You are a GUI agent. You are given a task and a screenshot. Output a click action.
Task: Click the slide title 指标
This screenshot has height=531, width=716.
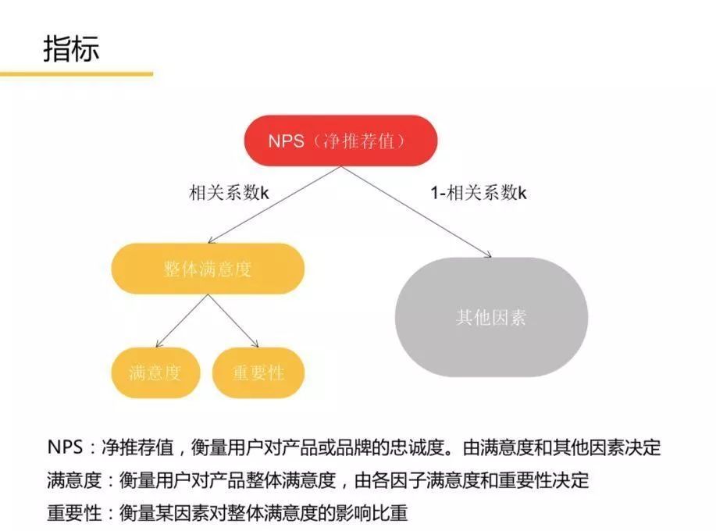71,48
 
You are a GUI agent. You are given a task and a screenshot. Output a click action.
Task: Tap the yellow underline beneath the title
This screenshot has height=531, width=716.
77,73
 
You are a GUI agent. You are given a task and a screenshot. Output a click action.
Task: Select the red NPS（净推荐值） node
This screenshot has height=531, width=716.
340,141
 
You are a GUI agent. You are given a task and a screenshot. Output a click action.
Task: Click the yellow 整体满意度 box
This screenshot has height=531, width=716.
208,269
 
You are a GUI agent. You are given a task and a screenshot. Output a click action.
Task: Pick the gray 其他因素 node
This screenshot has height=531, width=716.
491,317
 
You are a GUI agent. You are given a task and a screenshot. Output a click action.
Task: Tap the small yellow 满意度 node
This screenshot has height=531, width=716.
155,372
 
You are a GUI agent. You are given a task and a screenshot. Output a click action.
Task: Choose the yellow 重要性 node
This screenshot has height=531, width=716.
258,372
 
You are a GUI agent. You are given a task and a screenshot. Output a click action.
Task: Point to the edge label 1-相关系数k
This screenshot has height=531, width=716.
479,193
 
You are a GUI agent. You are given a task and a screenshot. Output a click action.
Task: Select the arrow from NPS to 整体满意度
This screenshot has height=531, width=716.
274,205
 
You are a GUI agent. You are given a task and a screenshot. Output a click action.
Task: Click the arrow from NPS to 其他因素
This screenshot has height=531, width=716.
416,212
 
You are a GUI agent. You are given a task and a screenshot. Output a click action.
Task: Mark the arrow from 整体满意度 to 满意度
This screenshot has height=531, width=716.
182,320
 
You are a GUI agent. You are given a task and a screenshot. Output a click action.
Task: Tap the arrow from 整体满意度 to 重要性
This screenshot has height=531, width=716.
233,320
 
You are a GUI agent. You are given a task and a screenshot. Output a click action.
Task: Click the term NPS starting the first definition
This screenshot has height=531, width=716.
65,447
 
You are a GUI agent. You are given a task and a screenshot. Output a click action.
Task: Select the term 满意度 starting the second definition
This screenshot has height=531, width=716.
74,480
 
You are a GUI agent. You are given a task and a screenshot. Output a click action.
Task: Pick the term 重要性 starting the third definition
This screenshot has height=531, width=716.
74,513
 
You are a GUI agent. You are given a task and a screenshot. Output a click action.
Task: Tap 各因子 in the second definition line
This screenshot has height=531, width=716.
399,480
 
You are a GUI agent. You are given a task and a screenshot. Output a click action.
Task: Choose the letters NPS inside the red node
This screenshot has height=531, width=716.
286,141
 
